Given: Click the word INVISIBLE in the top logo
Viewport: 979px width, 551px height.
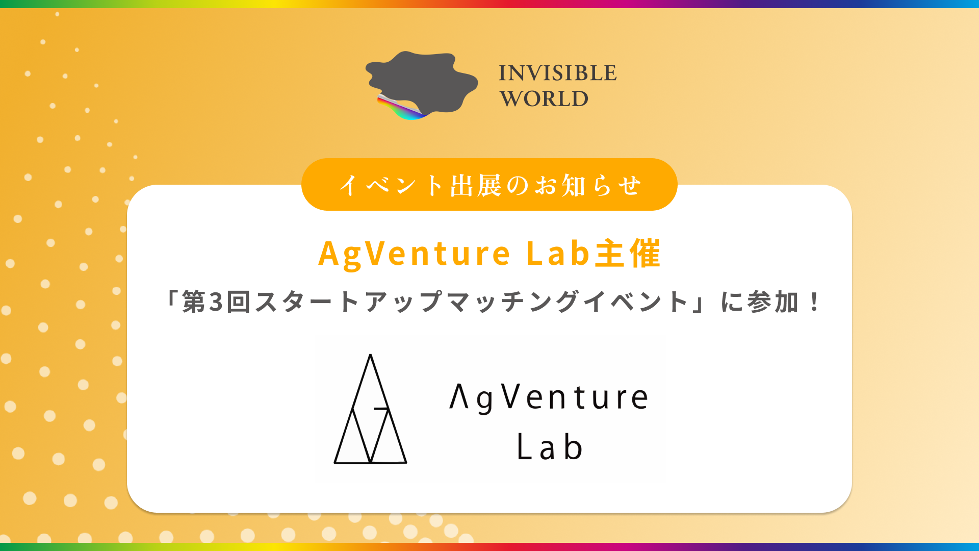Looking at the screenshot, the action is (558, 73).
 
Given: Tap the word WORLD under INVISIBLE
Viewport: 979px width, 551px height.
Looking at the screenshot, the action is (544, 98).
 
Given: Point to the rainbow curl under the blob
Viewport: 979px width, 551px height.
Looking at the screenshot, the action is (403, 109).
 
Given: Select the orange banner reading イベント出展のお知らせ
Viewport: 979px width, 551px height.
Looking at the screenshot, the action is (489, 184).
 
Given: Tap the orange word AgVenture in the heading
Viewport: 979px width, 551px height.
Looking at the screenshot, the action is (414, 254).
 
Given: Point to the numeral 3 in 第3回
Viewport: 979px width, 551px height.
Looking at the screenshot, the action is (216, 302).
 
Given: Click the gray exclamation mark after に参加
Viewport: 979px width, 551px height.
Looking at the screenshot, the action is (814, 302).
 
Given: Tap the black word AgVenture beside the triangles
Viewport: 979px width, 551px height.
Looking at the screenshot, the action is (549, 397).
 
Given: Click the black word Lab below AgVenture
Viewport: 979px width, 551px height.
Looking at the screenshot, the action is (550, 446).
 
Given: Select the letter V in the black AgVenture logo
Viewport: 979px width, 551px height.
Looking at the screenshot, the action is (511, 396).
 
